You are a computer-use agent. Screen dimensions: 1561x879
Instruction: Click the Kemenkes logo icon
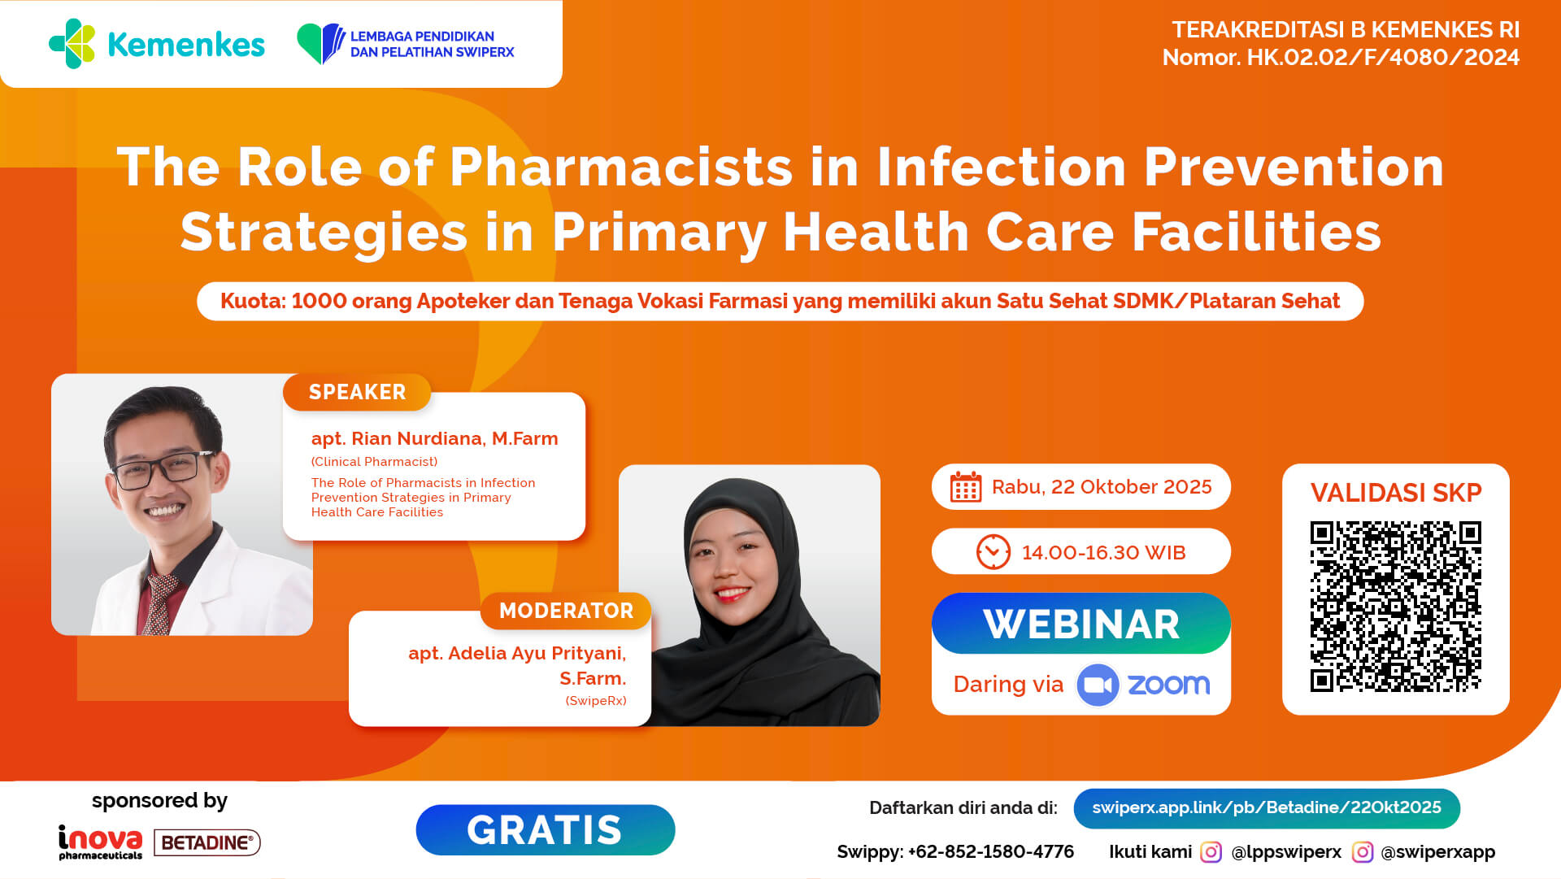[72, 44]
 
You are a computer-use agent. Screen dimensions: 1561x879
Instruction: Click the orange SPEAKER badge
[357, 392]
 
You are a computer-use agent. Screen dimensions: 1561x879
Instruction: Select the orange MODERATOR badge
[566, 611]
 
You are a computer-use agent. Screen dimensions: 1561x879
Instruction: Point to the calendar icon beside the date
[966, 487]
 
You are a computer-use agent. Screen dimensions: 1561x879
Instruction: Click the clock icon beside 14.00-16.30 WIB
[993, 552]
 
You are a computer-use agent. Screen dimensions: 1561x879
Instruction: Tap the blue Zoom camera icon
[1098, 685]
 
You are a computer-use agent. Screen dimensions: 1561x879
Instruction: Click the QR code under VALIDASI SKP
[1395, 607]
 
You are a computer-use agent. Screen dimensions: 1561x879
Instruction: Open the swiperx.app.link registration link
[1267, 807]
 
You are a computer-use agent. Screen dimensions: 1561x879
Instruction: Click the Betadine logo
[207, 842]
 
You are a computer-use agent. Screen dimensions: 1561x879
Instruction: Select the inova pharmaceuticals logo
[100, 842]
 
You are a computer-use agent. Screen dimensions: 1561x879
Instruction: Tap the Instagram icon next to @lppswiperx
[1211, 851]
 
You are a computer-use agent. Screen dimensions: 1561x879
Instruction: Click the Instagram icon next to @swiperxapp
[1362, 851]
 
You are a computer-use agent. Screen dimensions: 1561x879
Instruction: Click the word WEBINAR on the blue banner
[1081, 624]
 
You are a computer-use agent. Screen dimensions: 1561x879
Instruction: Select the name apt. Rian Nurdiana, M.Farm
[434, 439]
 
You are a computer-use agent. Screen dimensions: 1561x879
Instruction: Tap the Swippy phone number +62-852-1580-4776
[991, 851]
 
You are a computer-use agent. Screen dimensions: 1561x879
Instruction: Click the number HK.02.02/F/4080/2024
[1383, 57]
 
